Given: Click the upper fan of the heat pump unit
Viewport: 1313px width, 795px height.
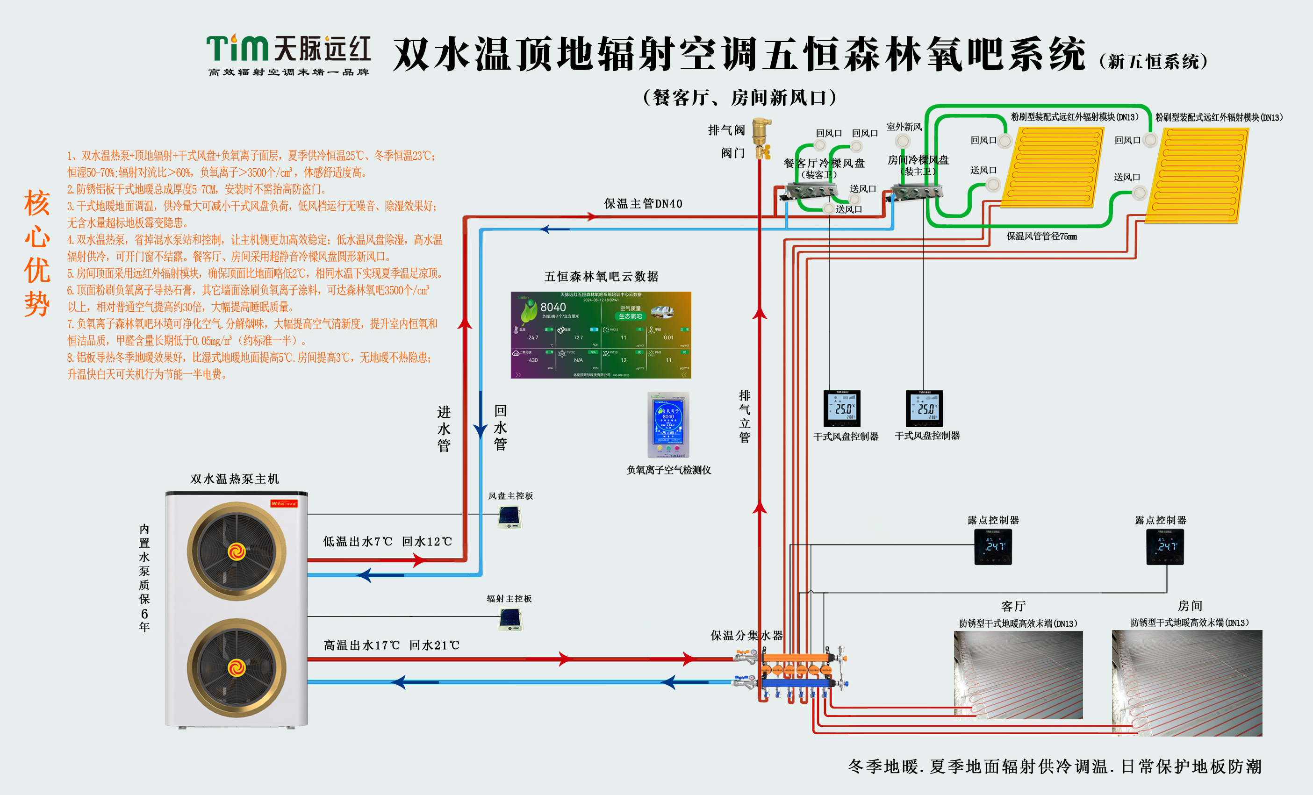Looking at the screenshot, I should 237,551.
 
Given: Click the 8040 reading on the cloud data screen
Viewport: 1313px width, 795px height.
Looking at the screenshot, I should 553,308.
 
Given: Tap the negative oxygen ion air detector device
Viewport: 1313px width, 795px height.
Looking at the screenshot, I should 668,425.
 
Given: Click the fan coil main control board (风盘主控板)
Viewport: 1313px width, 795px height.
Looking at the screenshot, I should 510,516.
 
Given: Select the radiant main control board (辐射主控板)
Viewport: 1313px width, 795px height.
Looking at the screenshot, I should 510,619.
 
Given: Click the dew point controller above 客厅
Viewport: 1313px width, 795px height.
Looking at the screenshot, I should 993,547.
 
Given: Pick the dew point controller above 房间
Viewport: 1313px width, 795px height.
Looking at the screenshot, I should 1165,547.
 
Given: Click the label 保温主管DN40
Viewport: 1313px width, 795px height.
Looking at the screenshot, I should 643,204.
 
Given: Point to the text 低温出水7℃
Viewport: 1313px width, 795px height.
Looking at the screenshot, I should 358,541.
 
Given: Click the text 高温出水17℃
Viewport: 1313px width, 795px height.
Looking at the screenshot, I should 362,645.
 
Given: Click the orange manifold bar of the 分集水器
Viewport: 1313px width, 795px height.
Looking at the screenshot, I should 796,658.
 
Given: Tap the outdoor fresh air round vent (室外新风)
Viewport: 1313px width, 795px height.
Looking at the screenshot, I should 903,141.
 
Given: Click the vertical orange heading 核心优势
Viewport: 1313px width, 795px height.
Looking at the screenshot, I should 37,253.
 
